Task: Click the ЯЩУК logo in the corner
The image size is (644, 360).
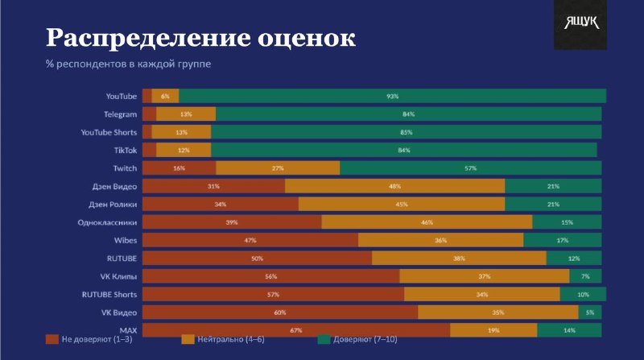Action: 580,25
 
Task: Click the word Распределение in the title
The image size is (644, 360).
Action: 148,39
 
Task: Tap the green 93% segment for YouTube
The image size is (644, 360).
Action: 392,96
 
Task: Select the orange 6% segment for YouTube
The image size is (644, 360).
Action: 165,96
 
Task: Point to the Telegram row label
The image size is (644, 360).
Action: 120,114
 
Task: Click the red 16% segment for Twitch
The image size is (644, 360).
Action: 179,168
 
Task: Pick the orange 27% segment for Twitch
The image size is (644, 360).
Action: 278,168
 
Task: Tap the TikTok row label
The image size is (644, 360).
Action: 126,151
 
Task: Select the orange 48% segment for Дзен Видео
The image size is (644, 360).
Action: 394,186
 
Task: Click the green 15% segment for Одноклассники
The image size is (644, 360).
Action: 568,222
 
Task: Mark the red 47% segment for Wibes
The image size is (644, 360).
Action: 250,240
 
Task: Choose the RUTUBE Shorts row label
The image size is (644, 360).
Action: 109,295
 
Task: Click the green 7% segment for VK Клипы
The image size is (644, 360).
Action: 586,276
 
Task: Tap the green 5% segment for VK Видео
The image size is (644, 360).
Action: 590,312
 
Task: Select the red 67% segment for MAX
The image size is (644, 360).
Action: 296,330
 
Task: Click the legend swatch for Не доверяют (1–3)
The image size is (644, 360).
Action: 52,339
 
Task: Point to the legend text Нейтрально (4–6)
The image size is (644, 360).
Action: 231,339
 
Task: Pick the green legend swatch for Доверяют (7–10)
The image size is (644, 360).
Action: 324,339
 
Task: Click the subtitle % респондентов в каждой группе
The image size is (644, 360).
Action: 128,64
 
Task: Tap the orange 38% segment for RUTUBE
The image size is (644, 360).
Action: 459,258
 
